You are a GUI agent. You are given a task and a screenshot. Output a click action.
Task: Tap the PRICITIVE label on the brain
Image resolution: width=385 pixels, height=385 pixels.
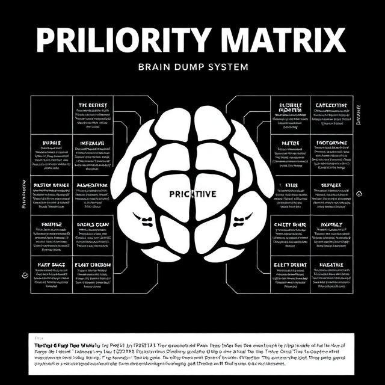click(192, 194)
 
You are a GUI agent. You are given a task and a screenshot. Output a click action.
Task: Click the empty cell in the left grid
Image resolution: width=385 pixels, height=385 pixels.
click(51, 113)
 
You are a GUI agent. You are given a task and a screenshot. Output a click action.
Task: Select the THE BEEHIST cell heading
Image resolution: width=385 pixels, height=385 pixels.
click(93, 105)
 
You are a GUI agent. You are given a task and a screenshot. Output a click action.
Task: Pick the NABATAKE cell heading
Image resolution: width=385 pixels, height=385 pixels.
click(331, 264)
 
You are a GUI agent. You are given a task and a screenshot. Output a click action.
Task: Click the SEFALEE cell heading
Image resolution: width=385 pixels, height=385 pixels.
click(331, 185)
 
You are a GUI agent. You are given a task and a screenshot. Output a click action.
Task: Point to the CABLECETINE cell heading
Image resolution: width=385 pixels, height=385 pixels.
click(331, 105)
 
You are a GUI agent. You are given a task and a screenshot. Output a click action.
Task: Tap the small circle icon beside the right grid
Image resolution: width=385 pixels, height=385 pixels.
click(359, 194)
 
